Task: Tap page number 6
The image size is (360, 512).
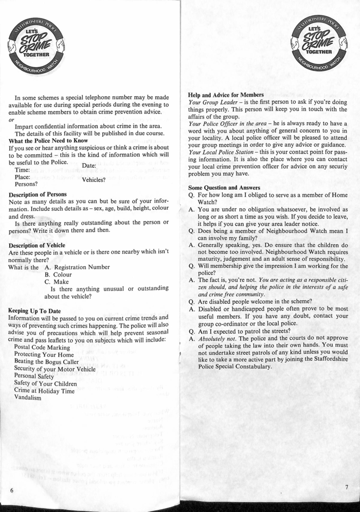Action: click(11, 490)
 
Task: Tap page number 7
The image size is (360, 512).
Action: click(347, 486)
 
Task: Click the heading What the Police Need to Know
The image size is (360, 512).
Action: click(48, 141)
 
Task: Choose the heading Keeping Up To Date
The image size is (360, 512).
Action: click(34, 310)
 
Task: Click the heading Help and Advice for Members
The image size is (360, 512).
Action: click(226, 95)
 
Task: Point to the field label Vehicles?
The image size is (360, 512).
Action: click(94, 180)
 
